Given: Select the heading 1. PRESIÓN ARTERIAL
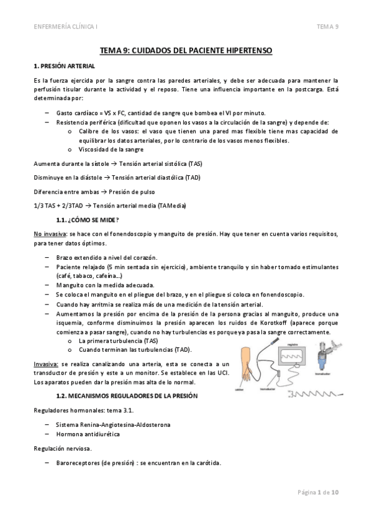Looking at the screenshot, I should [x=64, y=65].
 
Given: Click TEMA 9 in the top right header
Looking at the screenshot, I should [x=327, y=26].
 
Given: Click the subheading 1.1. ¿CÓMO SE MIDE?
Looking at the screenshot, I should [x=88, y=220].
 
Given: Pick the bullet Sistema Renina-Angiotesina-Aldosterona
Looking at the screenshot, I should [x=112, y=424].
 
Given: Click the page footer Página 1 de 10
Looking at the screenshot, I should [x=317, y=492].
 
